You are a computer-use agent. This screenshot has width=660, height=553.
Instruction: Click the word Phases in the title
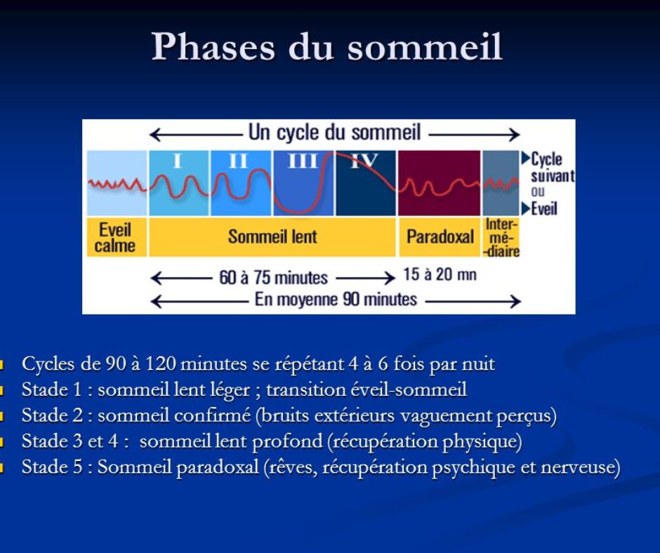[213, 46]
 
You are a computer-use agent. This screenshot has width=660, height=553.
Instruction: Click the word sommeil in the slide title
[425, 46]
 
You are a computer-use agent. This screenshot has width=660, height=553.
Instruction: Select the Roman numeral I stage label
[177, 161]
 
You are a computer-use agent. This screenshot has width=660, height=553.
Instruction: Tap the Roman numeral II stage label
[238, 161]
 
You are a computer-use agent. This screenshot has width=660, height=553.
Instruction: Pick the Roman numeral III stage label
[303, 161]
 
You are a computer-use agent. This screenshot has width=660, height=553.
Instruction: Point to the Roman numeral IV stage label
[364, 161]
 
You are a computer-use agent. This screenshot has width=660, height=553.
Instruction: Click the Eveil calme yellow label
[115, 237]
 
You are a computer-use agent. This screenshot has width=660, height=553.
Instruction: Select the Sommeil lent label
[272, 236]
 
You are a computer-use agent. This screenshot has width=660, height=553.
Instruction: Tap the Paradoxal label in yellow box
[440, 236]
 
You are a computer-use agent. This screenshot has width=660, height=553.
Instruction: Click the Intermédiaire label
[501, 237]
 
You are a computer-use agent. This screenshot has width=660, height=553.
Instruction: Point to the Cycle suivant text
[552, 167]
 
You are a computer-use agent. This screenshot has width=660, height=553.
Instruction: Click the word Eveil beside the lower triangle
[544, 208]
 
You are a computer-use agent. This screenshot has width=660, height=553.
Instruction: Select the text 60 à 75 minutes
[274, 278]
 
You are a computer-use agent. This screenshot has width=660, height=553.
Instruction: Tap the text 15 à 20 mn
[440, 274]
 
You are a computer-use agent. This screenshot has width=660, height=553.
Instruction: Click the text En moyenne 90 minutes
[336, 300]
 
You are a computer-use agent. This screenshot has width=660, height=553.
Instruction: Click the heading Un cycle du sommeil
[335, 133]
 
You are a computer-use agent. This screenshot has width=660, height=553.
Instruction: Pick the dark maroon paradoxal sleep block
[439, 183]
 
